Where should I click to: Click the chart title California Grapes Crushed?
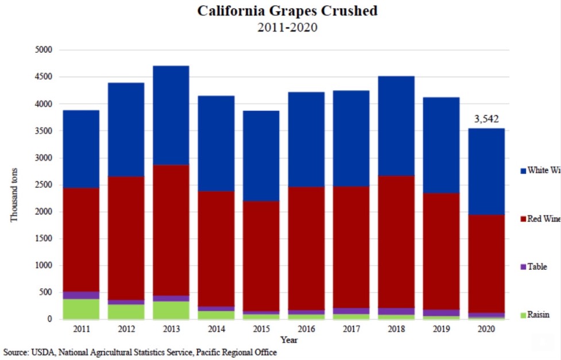(287, 11)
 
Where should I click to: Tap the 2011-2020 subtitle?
(287, 27)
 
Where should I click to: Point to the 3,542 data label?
(486, 119)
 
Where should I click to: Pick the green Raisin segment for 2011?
(80, 309)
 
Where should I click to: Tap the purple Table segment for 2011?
(80, 295)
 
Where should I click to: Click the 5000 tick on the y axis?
(44, 50)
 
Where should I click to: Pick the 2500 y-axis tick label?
(44, 185)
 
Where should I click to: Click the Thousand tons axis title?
(14, 195)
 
